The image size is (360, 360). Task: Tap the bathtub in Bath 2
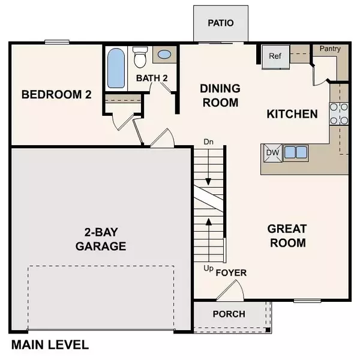pyautogui.click(x=115, y=68)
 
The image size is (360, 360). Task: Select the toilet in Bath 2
pyautogui.click(x=140, y=58)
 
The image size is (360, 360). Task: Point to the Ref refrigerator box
pyautogui.click(x=275, y=56)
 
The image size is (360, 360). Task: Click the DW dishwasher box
pyautogui.click(x=273, y=152)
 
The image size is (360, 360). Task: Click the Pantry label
pyautogui.click(x=331, y=49)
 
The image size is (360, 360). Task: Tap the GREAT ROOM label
pyautogui.click(x=287, y=236)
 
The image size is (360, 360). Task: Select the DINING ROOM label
pyautogui.click(x=220, y=95)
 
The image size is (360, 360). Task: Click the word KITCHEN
pyautogui.click(x=292, y=114)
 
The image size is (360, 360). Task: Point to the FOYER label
pyautogui.click(x=231, y=273)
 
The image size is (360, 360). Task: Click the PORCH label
pyautogui.click(x=229, y=314)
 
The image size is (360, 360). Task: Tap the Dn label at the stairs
pyautogui.click(x=209, y=143)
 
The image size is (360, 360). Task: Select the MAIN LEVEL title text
pyautogui.click(x=50, y=345)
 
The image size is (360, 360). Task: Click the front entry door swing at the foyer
pyautogui.click(x=231, y=291)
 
